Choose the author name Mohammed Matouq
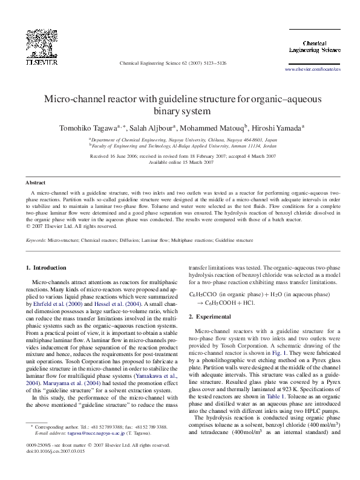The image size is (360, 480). pyautogui.click(x=213, y=128)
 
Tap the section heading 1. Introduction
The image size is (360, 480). pyautogui.click(x=46, y=267)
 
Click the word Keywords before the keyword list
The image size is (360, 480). pyautogui.click(x=36, y=240)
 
